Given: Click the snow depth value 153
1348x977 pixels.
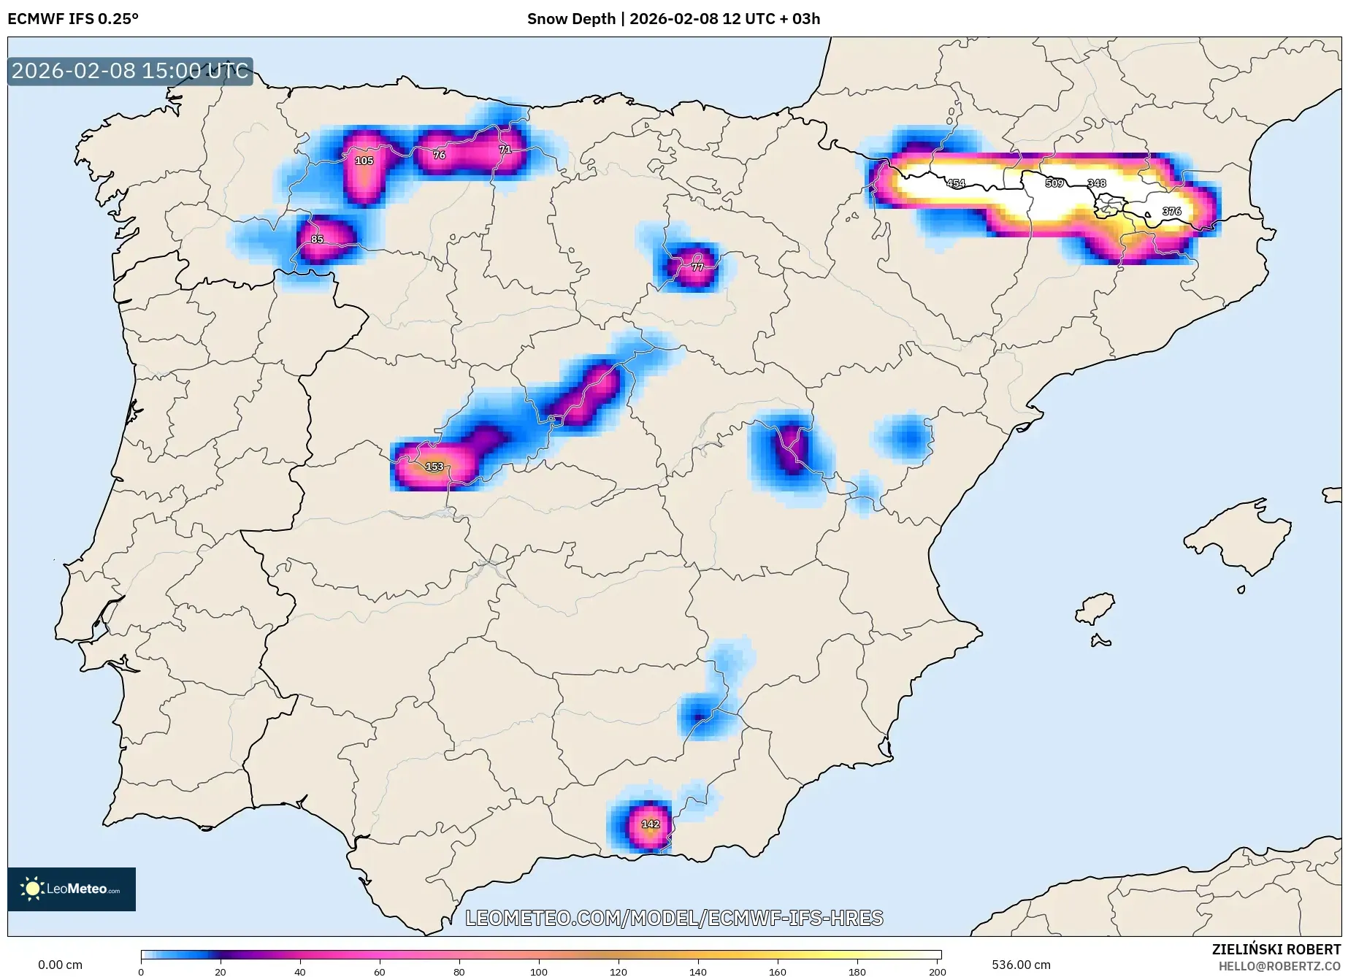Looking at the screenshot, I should click(434, 466).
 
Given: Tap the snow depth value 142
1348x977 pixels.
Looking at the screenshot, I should click(651, 824).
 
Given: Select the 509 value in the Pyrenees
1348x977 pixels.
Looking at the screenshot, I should click(1054, 183).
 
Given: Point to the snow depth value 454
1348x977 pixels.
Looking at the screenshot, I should click(956, 183).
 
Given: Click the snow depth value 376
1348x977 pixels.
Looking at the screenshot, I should click(1171, 211).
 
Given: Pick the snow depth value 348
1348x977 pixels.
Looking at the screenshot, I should click(1097, 183).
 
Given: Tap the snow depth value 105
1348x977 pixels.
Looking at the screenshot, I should click(364, 161).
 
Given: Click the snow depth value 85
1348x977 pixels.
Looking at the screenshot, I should click(317, 239).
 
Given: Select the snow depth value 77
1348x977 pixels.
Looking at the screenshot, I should click(697, 267).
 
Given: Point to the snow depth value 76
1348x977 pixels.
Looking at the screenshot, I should click(439, 155).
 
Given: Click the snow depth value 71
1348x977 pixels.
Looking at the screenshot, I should click(505, 150).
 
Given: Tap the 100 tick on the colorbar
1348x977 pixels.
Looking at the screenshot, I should click(538, 971).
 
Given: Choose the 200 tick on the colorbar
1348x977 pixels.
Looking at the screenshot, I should click(937, 971).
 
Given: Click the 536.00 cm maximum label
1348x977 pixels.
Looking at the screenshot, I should click(1021, 965).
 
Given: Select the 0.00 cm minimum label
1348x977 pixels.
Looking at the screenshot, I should click(60, 965).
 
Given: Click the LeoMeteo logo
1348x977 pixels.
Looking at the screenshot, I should click(72, 889).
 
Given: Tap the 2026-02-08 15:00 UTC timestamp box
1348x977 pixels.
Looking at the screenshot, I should click(130, 71).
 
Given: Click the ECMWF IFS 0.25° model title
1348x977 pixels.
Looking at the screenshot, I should click(73, 19).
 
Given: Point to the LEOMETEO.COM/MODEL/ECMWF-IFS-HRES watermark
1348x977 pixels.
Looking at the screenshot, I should click(674, 918).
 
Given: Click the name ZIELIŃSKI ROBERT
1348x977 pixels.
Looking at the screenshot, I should click(1276, 949).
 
